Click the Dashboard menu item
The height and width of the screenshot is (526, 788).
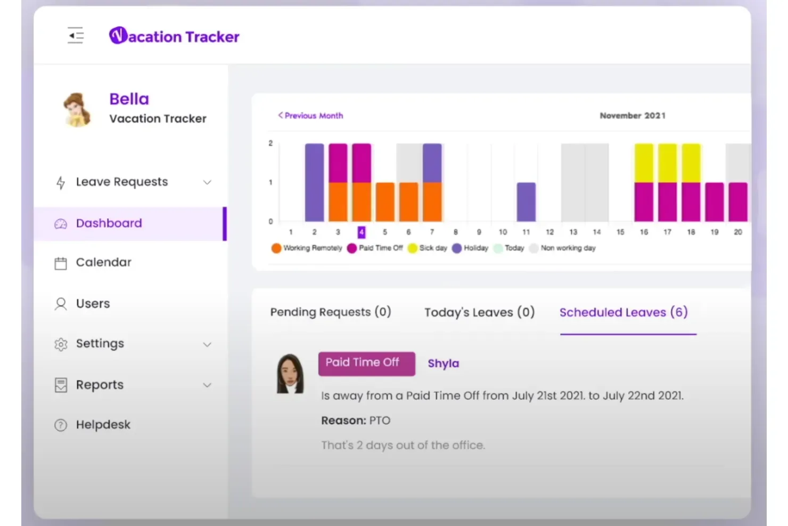tap(109, 223)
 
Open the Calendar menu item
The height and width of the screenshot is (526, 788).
tap(103, 262)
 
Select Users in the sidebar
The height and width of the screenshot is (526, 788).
tap(93, 304)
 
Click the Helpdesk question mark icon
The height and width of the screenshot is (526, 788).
tap(61, 425)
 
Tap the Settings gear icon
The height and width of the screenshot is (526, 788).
tap(61, 344)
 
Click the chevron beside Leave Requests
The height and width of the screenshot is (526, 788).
tap(207, 182)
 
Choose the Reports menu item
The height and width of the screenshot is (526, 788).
tap(100, 385)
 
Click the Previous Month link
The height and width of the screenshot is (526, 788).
tap(311, 116)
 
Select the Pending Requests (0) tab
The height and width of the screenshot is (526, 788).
tap(331, 312)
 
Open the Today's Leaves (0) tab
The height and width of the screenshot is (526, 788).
tap(479, 312)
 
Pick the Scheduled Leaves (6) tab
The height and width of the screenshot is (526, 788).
tap(623, 312)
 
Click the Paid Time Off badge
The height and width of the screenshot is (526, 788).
tap(366, 363)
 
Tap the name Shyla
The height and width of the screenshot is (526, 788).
tap(443, 363)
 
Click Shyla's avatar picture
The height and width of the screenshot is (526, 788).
tap(290, 374)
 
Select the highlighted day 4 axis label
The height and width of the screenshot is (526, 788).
tap(362, 232)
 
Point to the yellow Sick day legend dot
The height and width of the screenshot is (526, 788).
tap(413, 248)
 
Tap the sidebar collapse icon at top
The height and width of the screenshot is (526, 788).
tap(76, 36)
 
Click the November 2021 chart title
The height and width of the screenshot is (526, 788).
tap(633, 116)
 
